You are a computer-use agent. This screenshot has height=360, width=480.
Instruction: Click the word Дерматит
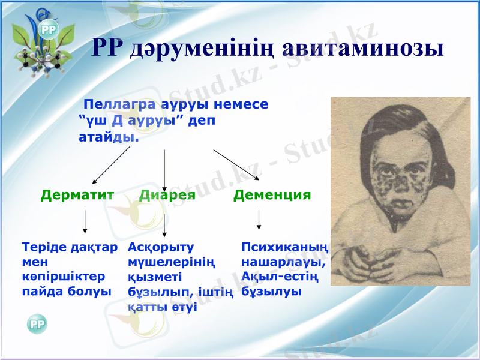77,195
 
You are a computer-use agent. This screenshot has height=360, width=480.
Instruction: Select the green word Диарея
167,195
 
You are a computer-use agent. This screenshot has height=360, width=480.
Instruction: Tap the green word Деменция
272,195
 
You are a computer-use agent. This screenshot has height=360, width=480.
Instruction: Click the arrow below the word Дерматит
85,222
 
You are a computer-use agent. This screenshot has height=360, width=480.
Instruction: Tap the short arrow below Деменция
259,220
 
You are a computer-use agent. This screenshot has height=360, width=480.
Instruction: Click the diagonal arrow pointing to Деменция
236,164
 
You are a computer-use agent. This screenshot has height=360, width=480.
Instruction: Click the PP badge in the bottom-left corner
37,325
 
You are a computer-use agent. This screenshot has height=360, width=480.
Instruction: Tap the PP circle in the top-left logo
48,29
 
